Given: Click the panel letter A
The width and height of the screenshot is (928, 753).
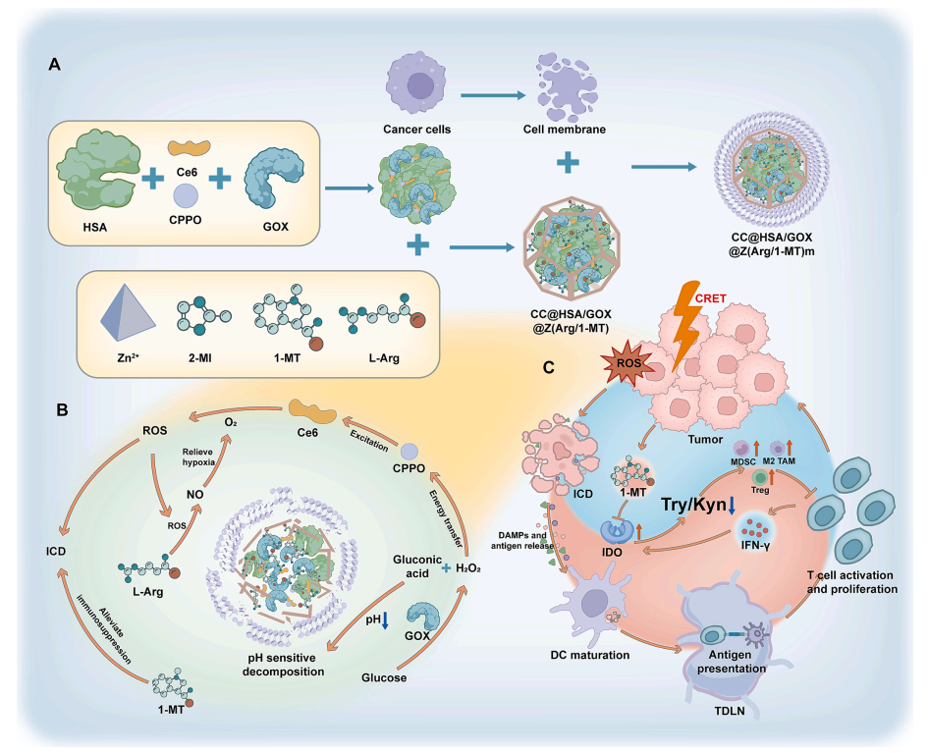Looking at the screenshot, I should [56, 65].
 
